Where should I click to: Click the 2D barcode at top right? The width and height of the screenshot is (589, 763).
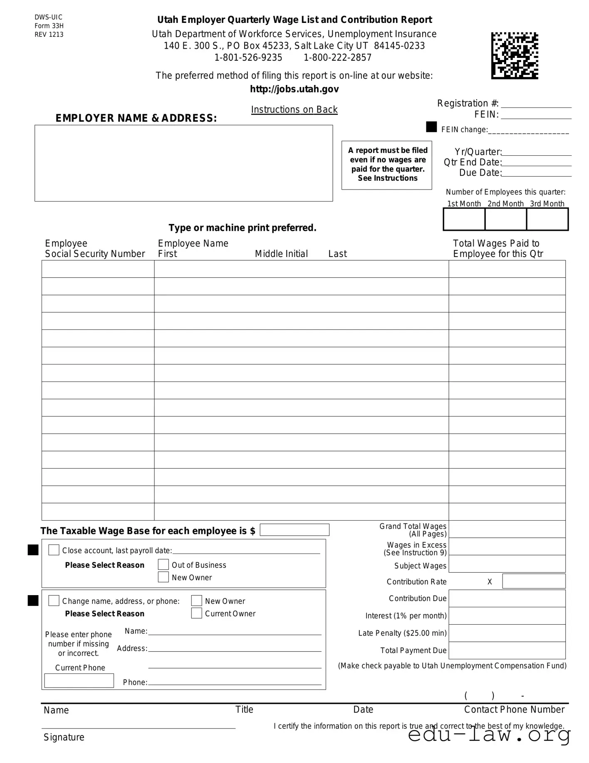point(515,56)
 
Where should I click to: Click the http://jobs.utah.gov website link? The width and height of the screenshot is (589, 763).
point(294,89)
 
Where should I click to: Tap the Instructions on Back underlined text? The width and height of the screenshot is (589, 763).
point(294,110)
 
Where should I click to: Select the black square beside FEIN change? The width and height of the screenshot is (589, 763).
point(431,127)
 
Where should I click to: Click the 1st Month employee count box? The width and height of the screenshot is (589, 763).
point(464,219)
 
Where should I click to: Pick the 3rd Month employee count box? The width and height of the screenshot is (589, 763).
point(547,219)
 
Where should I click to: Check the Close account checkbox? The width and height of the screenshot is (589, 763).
point(54,550)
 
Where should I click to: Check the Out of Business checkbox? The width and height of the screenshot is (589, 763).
point(163,565)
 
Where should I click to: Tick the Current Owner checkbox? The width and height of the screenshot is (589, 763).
point(197,613)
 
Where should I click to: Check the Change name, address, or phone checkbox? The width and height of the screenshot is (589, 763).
point(54,601)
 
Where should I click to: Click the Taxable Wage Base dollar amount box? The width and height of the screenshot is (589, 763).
point(294,530)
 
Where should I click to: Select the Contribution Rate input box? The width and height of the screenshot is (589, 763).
point(534,581)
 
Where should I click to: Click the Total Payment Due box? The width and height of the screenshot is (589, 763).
point(507,650)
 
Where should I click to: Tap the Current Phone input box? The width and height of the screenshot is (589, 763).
point(79,681)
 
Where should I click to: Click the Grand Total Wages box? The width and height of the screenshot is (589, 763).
point(507,529)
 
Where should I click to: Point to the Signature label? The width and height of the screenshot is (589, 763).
point(64,737)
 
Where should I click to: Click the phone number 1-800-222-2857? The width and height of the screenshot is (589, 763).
point(337,57)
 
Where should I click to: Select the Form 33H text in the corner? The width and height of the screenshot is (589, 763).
point(49,26)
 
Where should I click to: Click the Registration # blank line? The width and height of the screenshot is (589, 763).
point(536,104)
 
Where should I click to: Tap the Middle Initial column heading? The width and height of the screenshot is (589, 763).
point(281,254)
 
